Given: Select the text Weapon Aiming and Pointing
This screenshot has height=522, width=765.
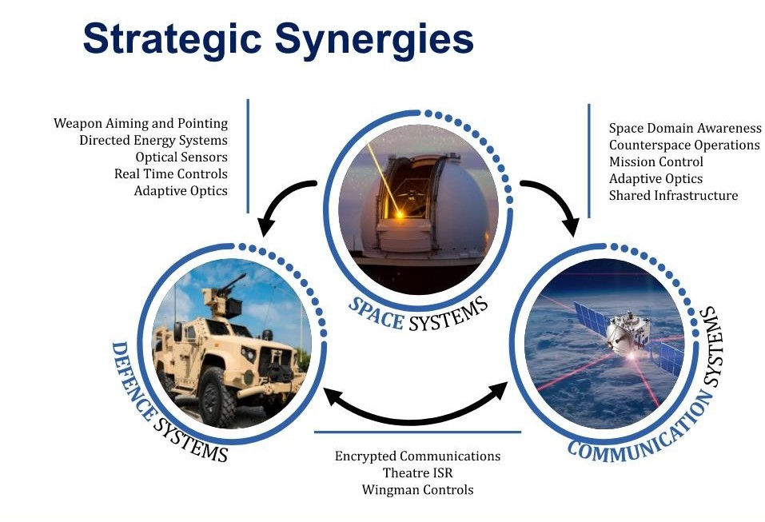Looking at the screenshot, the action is coord(141,124).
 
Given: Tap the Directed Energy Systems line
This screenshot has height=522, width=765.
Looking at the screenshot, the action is coord(153,141).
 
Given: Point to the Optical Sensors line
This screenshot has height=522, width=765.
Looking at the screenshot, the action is coord(181,157).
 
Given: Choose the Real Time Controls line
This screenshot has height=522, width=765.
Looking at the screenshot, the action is coord(171,174).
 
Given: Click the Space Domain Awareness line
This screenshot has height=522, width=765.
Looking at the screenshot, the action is coord(685,128).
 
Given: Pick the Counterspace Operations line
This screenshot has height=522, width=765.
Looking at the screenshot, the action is coord(684,145).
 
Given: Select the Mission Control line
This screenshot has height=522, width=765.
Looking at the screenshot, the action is coord(656,161).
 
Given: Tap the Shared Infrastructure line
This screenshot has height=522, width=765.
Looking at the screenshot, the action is coord(673,195).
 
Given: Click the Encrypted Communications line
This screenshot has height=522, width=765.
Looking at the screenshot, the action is coord(417,456).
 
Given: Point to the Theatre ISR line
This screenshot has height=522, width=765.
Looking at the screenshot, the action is coord(417,472).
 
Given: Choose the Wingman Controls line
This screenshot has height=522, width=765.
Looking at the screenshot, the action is coord(417,489).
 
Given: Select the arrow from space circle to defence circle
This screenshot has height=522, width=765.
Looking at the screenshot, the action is coord(280,204).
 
